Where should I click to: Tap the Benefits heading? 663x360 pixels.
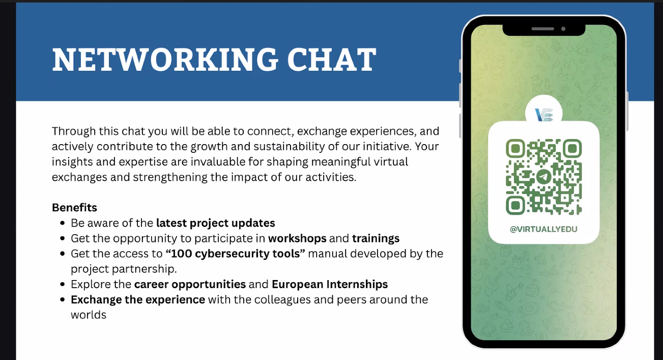pos(75,207)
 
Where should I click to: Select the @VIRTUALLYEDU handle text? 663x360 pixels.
pos(543,229)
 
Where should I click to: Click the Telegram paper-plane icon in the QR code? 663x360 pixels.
pos(544,177)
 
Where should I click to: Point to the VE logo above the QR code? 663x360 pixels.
pos(544,115)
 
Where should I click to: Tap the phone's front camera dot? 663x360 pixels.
pos(563,29)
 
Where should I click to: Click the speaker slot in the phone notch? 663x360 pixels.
pos(543,29)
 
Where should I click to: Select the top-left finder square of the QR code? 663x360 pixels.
pos(515,149)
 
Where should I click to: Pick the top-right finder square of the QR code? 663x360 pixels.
pos(572,149)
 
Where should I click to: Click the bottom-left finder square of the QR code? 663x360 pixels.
pos(515,205)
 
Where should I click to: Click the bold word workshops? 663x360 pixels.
pos(297,238)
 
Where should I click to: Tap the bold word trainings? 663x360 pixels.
pos(376,239)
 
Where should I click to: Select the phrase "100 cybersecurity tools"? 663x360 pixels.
pos(235,254)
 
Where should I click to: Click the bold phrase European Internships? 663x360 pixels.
pos(330,285)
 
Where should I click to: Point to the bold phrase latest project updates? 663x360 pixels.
pos(215,223)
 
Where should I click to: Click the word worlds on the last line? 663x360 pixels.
pos(89,315)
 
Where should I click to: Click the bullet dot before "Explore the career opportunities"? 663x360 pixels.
pos(62,284)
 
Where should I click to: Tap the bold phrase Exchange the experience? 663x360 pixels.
pos(138,300)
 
